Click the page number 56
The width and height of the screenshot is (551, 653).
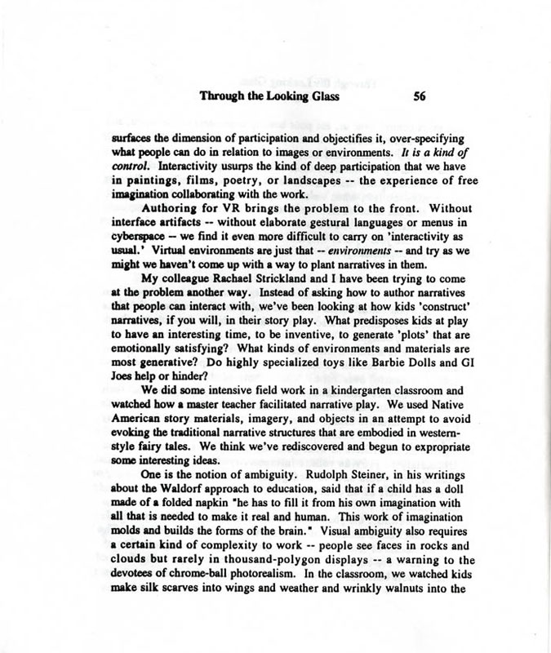421,96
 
